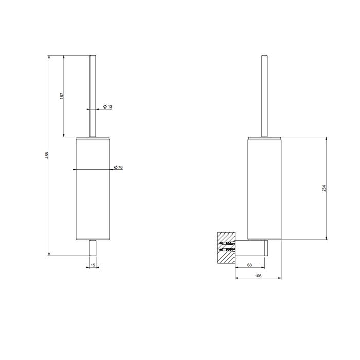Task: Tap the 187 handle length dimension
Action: click(x=61, y=96)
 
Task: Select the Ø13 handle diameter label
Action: click(x=107, y=106)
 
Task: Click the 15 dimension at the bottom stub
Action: click(x=93, y=265)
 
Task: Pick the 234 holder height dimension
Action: click(x=324, y=188)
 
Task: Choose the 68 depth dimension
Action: click(x=249, y=265)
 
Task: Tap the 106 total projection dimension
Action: click(x=258, y=276)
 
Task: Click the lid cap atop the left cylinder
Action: click(x=93, y=137)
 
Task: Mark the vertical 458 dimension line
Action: click(x=49, y=206)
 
